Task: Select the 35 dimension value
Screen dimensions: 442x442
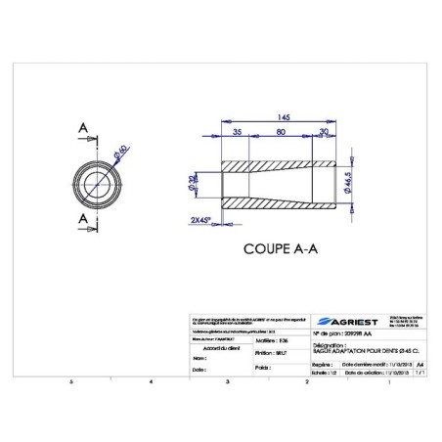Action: [x=237, y=130]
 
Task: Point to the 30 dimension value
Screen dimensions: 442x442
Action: [x=323, y=130]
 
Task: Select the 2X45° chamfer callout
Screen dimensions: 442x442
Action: [x=201, y=220]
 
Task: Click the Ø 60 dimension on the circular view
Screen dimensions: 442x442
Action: [x=121, y=151]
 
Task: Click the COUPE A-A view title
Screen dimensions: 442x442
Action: [x=280, y=249]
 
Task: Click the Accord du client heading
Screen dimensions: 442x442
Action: [x=219, y=347]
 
